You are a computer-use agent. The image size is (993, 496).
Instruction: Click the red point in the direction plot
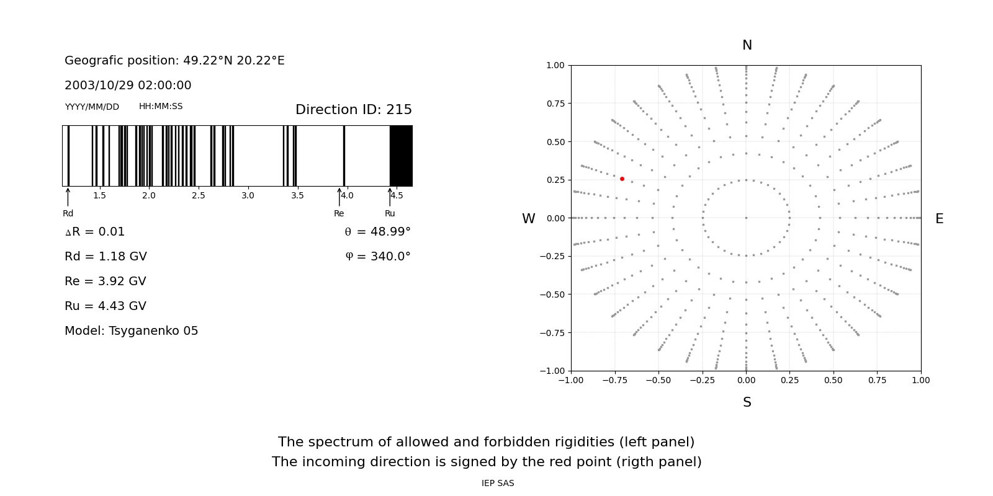(x=622, y=179)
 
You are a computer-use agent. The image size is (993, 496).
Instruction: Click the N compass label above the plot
(x=747, y=45)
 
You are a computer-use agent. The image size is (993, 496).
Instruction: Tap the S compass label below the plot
(x=747, y=402)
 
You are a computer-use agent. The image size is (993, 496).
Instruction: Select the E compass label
(x=939, y=219)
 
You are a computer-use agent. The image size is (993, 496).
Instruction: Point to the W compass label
(x=529, y=219)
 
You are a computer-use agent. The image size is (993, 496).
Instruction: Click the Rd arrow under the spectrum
(x=68, y=197)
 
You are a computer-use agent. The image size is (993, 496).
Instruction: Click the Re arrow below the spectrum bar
(x=339, y=197)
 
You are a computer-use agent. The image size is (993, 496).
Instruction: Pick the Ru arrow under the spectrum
(x=390, y=197)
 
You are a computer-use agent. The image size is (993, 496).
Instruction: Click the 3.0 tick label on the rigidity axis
(x=248, y=196)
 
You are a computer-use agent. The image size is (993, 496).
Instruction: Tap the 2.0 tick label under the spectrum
(x=148, y=196)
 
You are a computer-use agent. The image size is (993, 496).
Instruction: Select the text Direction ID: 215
(x=353, y=110)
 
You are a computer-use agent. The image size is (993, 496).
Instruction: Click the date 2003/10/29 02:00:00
(x=128, y=86)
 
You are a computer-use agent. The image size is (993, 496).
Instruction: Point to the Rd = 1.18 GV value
(x=106, y=257)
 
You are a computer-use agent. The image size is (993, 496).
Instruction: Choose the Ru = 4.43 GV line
(x=106, y=306)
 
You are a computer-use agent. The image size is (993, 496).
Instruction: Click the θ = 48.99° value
(x=377, y=232)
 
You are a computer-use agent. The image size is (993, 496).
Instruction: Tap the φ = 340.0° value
(x=377, y=257)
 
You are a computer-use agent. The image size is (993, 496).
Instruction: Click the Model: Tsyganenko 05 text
(x=132, y=331)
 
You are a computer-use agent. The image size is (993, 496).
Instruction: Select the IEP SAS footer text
(x=498, y=484)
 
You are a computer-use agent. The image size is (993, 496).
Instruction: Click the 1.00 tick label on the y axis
(x=555, y=65)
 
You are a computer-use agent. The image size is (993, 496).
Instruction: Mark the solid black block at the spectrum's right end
(x=401, y=156)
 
